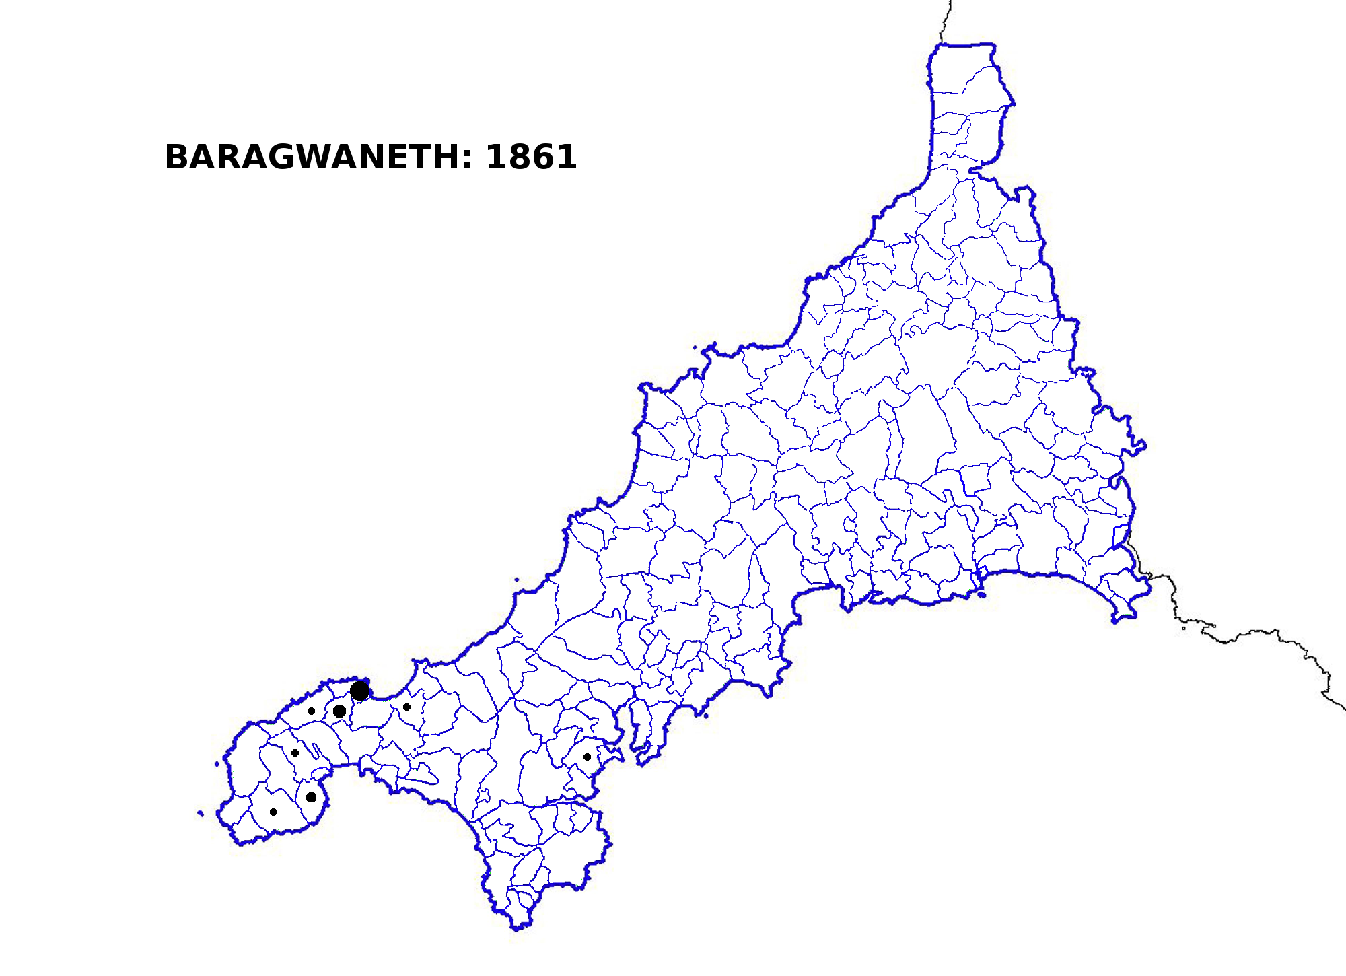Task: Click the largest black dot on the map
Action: tap(360, 691)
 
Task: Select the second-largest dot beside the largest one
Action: tap(340, 711)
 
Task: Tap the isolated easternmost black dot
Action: tap(587, 757)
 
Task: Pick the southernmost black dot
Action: tap(273, 812)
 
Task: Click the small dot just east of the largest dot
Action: tap(406, 707)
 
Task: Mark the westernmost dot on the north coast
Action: tap(311, 711)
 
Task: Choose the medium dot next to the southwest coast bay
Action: tap(311, 798)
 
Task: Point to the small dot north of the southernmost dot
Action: tap(295, 753)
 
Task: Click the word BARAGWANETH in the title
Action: tap(312, 157)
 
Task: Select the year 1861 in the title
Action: tap(531, 157)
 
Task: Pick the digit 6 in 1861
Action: tap(542, 157)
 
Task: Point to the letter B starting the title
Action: tap(176, 157)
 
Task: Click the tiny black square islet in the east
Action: tap(1184, 628)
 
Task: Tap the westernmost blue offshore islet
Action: tap(201, 813)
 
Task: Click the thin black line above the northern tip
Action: tap(948, 20)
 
